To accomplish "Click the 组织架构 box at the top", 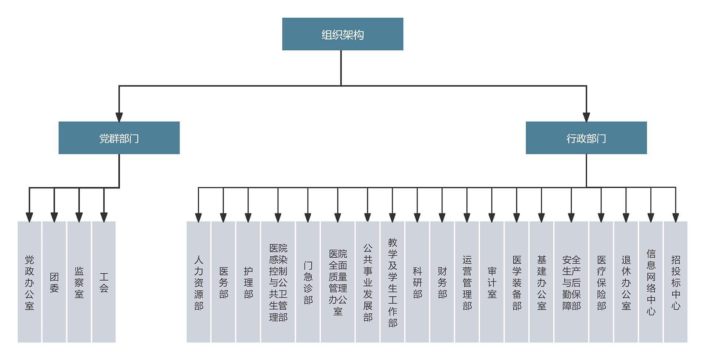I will point(343,34).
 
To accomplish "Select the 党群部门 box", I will point(119,138).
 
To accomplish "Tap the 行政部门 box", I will point(586,138).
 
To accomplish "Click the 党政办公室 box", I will point(29,282).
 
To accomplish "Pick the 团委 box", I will point(54,282).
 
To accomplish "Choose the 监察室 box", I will point(79,282).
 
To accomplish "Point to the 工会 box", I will point(104,282).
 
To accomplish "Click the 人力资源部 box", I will point(198,282).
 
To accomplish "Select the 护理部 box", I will point(248,282).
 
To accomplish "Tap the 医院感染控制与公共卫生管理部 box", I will point(278,282).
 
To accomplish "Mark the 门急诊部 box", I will point(308,282).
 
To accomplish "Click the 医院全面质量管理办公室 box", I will point(338,282).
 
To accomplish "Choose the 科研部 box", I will point(417,282).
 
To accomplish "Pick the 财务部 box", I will point(442,282).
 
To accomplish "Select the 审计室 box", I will point(492,282).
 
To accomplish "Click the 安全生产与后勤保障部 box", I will point(571,282).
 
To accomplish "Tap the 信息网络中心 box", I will point(651,282).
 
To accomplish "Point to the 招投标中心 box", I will point(676,282).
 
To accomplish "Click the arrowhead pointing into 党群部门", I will point(119,117).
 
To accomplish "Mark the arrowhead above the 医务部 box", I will point(223,217).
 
